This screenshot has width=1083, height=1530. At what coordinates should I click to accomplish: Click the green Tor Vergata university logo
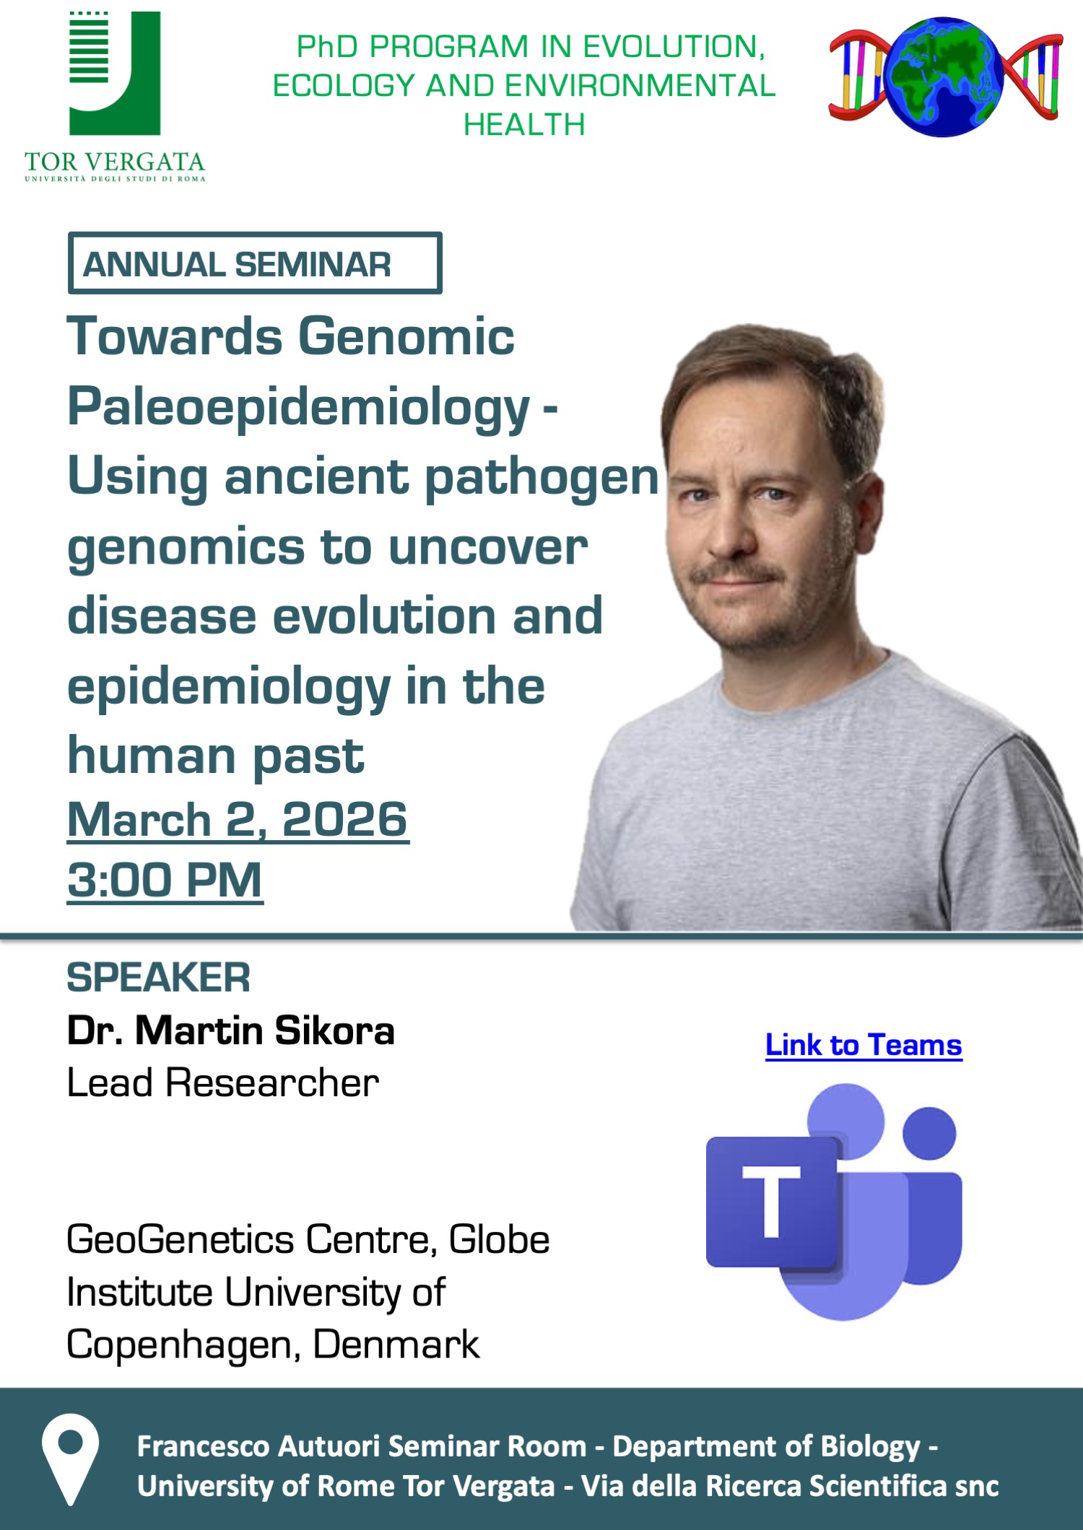[115, 96]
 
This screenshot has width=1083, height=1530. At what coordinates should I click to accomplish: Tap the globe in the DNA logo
[944, 76]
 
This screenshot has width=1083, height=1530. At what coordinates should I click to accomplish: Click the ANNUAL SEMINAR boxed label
[255, 263]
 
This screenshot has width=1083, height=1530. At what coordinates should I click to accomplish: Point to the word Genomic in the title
[406, 336]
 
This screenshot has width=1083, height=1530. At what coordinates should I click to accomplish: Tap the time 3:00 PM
[165, 880]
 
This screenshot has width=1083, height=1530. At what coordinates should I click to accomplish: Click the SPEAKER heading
[158, 978]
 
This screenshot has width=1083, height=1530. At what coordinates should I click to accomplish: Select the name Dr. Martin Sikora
[231, 1030]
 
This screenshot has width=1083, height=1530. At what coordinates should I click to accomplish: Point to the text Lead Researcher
[222, 1083]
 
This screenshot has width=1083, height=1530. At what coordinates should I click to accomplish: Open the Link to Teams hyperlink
[864, 1045]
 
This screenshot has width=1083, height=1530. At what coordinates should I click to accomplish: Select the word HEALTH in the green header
[524, 124]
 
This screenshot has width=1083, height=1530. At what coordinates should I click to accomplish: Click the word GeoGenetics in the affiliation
[180, 1240]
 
